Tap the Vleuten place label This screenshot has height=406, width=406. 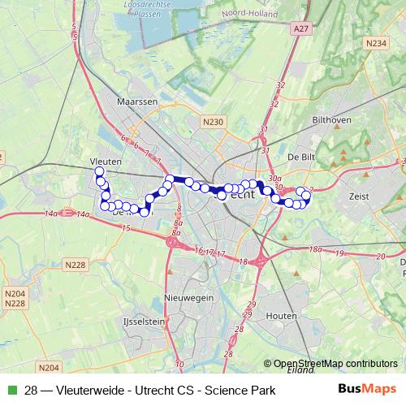click(107, 162)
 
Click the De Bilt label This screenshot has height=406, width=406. click(300, 156)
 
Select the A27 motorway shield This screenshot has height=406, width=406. click(300, 28)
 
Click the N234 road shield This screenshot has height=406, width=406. click(375, 42)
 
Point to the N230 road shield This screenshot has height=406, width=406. click(213, 121)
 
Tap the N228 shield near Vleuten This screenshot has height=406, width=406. click(76, 265)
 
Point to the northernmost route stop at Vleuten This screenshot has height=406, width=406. click(99, 172)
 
